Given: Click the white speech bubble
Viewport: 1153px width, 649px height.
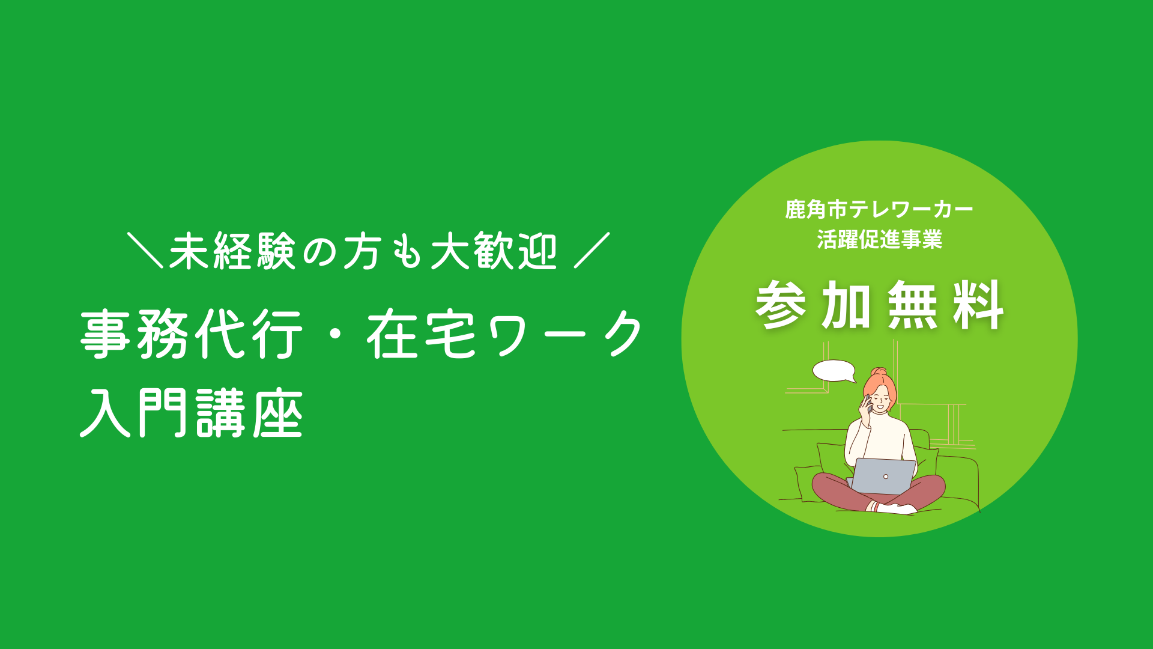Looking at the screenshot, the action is (x=834, y=371).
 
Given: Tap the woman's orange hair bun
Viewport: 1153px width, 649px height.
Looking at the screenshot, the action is (x=880, y=372).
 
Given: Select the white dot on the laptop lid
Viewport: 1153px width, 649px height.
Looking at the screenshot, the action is (x=885, y=477).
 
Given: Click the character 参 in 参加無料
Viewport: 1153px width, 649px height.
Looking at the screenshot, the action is (x=781, y=305).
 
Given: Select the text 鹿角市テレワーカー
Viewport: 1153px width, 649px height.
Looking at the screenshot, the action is (x=879, y=209).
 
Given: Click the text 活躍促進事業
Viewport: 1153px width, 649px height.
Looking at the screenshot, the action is (x=879, y=239).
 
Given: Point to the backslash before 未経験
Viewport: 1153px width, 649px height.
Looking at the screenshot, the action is (x=145, y=250).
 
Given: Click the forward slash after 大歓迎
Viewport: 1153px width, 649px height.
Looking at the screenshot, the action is (x=592, y=250).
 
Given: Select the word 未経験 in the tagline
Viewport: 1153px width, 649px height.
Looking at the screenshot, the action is (x=232, y=251).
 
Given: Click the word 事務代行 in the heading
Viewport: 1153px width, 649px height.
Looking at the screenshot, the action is (x=191, y=334).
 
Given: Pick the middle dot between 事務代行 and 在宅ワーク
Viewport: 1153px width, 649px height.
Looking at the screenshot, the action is (x=334, y=334).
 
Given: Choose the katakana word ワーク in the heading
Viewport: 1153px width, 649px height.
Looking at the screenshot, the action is (x=566, y=334).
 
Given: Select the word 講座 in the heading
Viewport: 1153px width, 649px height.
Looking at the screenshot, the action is (x=249, y=413).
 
